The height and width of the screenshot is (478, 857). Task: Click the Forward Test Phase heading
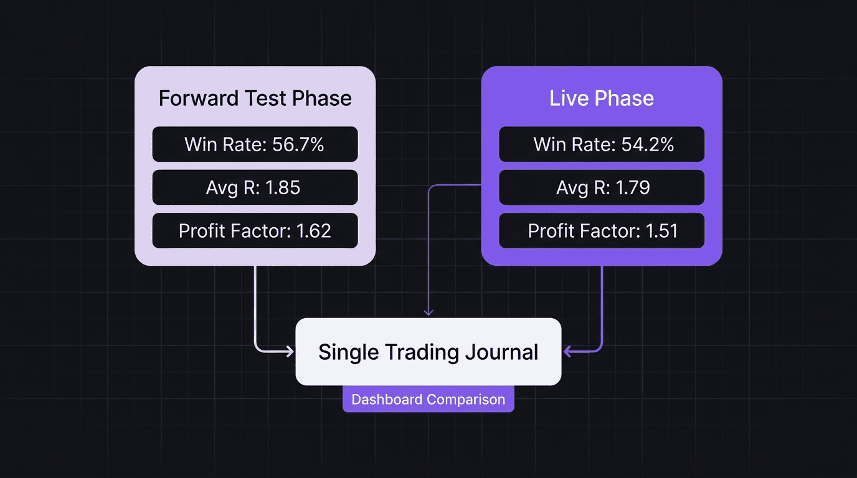click(255, 98)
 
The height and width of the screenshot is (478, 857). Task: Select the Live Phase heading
click(602, 98)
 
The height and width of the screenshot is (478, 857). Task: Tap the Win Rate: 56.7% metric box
click(255, 144)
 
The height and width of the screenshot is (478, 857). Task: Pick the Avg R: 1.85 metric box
click(255, 187)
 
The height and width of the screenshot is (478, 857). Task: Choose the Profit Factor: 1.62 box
click(255, 231)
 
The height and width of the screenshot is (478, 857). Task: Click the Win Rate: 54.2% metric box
click(602, 144)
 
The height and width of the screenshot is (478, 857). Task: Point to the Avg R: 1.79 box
click(602, 187)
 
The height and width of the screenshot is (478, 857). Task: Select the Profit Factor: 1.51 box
click(602, 231)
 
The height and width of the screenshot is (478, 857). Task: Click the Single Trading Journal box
click(429, 352)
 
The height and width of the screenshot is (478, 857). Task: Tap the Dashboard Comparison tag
click(429, 399)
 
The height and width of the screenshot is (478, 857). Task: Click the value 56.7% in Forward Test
click(298, 144)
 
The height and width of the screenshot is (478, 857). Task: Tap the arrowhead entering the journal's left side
click(290, 352)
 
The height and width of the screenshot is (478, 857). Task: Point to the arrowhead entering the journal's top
click(429, 312)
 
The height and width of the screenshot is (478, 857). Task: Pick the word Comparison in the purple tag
click(466, 399)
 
